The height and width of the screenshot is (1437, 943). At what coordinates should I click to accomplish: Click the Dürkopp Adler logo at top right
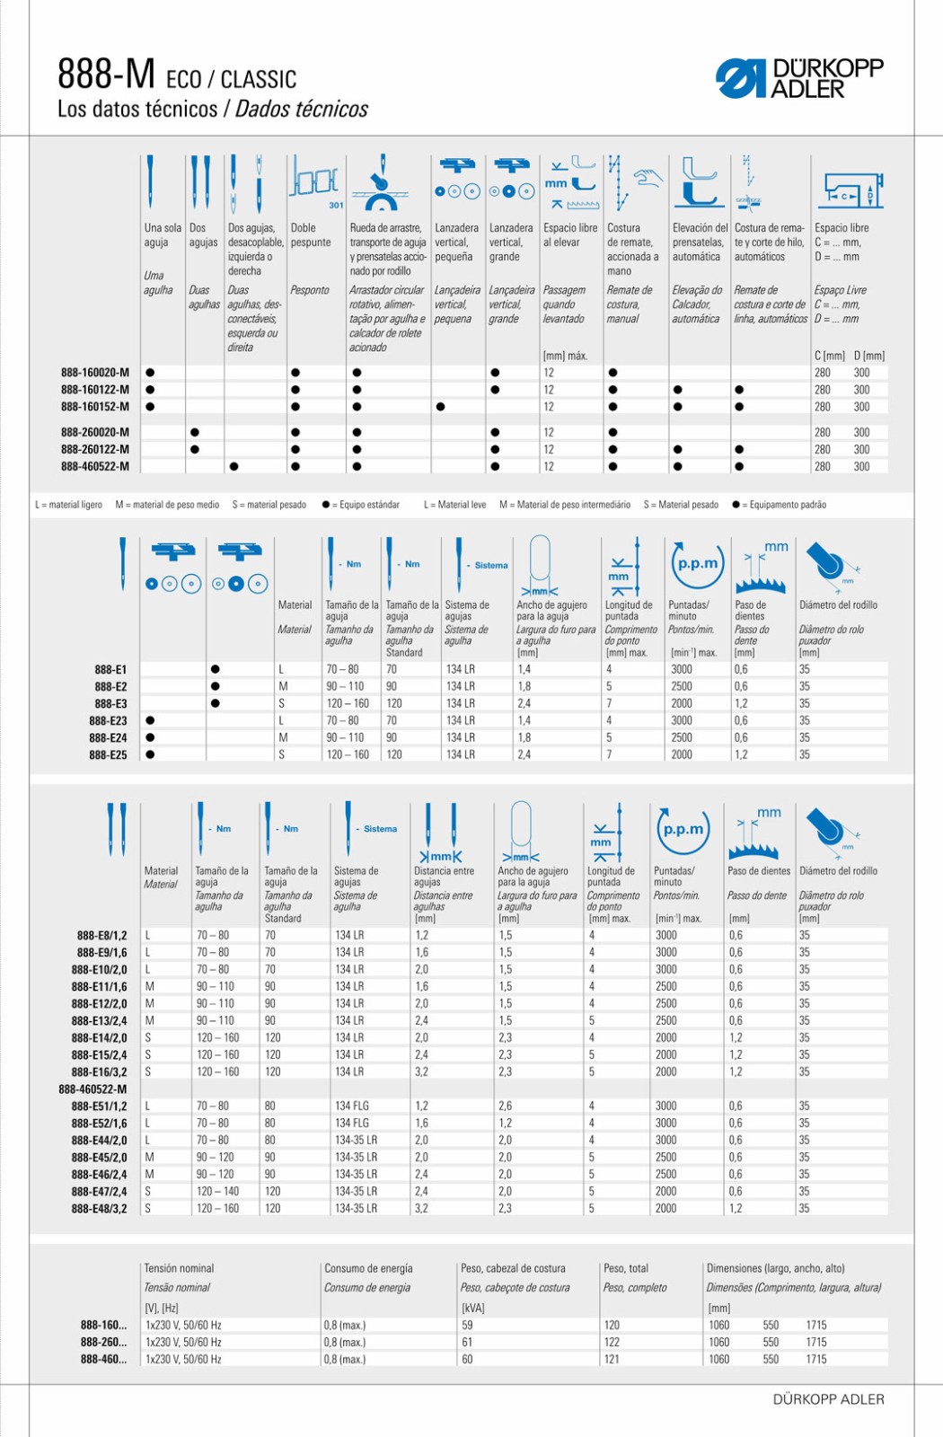[799, 78]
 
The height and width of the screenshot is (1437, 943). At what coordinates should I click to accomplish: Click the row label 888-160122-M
[95, 390]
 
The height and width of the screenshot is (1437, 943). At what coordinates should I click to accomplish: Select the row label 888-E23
[108, 720]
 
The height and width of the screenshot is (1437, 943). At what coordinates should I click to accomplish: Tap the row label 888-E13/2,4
[100, 1020]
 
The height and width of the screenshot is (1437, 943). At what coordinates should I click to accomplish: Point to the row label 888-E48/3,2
[100, 1208]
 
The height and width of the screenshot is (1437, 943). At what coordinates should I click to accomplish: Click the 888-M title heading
[106, 75]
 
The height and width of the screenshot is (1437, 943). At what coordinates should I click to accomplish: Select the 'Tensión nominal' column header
[180, 1268]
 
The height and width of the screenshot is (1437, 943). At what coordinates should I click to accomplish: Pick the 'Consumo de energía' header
[368, 1268]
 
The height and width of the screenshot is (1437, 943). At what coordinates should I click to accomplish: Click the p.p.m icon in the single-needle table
[697, 563]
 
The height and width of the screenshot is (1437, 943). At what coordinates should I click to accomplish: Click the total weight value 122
[612, 1342]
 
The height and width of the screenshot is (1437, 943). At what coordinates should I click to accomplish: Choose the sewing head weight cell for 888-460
[467, 1359]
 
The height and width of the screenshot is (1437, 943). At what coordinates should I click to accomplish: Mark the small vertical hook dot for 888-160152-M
[440, 407]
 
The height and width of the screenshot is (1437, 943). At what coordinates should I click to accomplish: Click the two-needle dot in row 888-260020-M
[195, 432]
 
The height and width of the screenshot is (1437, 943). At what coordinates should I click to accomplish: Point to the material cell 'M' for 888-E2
[283, 686]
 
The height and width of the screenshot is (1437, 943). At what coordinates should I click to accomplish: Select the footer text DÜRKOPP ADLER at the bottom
[828, 1398]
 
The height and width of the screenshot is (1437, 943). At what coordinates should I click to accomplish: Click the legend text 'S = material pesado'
[269, 505]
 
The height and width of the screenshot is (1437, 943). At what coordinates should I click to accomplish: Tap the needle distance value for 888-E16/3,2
[422, 1071]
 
